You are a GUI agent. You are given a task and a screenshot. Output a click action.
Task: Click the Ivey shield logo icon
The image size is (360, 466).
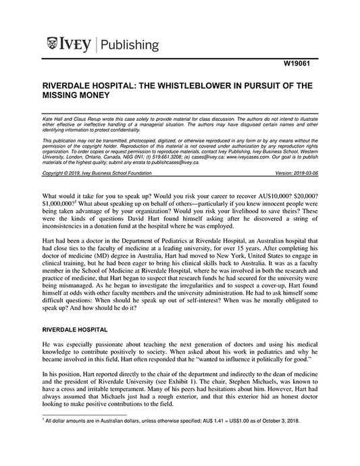coord(51,45)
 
